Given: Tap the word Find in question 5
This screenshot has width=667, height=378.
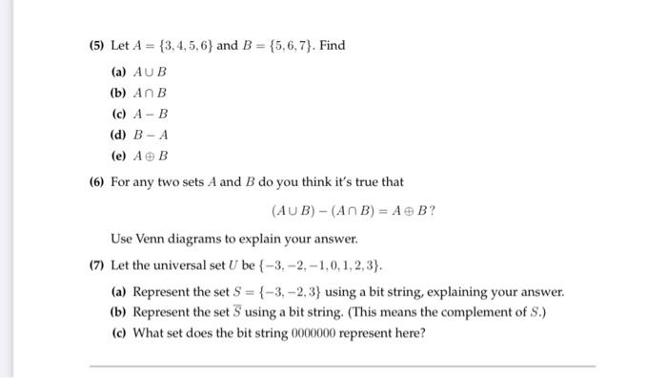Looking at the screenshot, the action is pyautogui.click(x=333, y=45).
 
